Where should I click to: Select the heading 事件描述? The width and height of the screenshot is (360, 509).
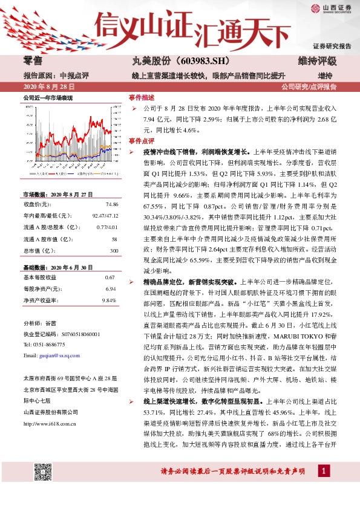[x=141, y=97]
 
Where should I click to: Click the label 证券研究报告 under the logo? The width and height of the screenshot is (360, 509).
[x=332, y=46]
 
